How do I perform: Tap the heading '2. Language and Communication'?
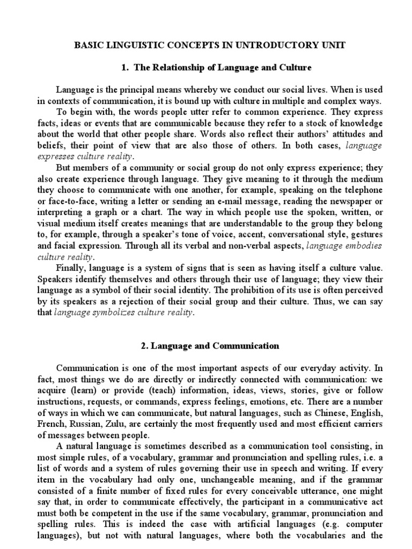point(210,346)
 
